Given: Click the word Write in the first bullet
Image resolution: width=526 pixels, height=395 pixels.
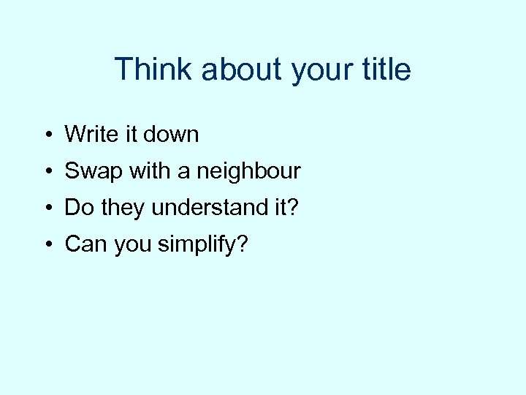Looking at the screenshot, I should [x=90, y=134].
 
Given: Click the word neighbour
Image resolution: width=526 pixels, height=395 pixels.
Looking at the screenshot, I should [x=248, y=172].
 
